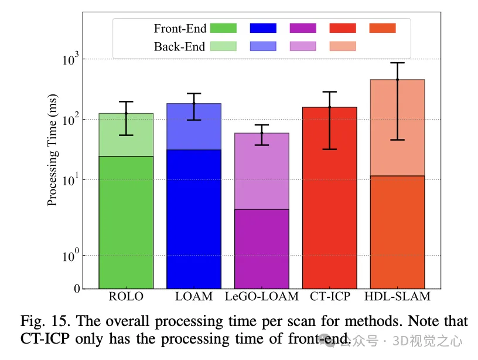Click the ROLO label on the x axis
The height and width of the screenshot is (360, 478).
coord(126,297)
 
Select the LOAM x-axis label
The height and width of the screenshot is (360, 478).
coord(194,297)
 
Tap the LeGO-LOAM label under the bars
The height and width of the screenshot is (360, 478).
coord(262,297)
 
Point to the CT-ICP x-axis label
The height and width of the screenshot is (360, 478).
coord(329,297)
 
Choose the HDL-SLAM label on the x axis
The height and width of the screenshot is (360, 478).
coord(398,297)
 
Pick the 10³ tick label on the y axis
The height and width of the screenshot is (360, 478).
coord(70,59)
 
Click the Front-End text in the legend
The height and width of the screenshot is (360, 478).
coord(180,28)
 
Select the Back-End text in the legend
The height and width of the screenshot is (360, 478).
coord(180,46)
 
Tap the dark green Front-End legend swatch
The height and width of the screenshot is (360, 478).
coord(223,28)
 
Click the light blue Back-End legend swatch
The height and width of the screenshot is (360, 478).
coord(262,46)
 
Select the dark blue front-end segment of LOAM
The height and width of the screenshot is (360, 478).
coord(194,217)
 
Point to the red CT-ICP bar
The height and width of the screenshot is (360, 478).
coord(329,199)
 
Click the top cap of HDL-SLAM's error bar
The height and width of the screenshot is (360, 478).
coord(398,63)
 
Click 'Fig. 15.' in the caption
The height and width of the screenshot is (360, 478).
coord(42,321)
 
